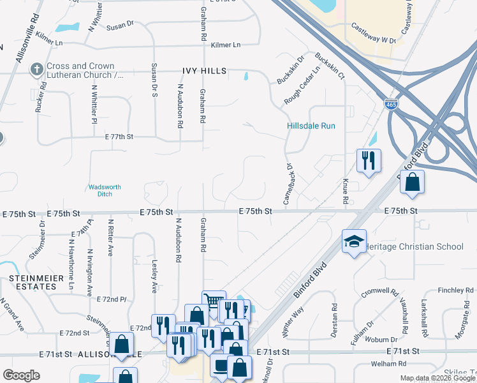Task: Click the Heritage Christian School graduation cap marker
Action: (354, 241)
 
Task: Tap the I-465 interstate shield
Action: (392, 104)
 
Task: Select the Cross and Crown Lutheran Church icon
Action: (37, 70)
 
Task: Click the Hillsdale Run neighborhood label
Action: (311, 126)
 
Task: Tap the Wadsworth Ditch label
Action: (104, 190)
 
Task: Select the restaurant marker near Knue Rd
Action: (369, 161)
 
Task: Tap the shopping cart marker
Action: (214, 302)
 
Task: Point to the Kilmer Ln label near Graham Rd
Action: (226, 45)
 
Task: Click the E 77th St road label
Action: (119, 137)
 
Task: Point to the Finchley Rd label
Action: (455, 290)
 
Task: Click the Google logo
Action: (21, 375)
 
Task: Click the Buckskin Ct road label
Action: (333, 66)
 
